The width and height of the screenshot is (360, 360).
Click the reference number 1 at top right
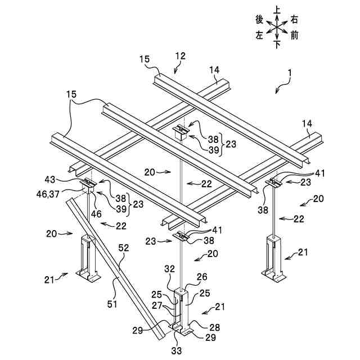pyautogui.click(x=289, y=73)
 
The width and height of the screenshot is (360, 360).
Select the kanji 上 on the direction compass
pyautogui.click(x=277, y=10)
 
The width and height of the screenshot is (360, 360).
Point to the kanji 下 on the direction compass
pyautogui.click(x=277, y=45)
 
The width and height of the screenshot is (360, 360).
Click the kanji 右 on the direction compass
pyautogui.click(x=295, y=19)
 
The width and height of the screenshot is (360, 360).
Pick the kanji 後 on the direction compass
pyautogui.click(x=259, y=19)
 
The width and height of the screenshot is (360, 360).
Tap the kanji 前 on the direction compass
pyautogui.click(x=295, y=35)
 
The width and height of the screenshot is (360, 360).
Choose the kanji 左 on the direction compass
pyautogui.click(x=259, y=35)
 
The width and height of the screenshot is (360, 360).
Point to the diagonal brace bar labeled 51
pyautogui.click(x=112, y=264)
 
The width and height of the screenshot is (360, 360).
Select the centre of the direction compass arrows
pyautogui.click(x=277, y=26)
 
